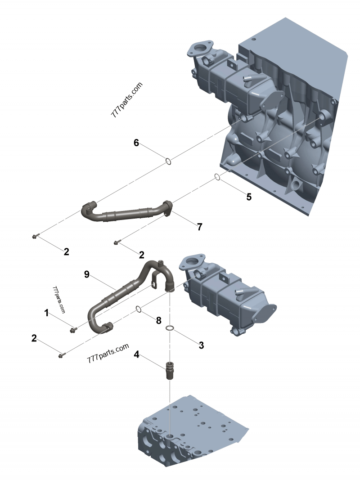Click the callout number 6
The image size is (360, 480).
pyautogui.click(x=136, y=143)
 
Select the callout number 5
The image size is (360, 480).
pyautogui.click(x=249, y=197)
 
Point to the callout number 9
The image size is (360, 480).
pyautogui.click(x=87, y=274)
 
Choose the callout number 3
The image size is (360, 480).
pyautogui.click(x=201, y=345)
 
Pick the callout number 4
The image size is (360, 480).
pyautogui.click(x=136, y=355)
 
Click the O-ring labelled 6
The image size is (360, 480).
pyautogui.click(x=167, y=161)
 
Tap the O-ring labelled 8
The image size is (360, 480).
pyautogui.click(x=139, y=309)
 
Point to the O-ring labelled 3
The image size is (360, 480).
pyautogui.click(x=170, y=328)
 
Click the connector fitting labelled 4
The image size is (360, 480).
pyautogui.click(x=170, y=369)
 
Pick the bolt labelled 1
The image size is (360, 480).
pyautogui.click(x=72, y=331)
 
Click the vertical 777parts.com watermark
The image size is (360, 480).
pyautogui.click(x=59, y=300)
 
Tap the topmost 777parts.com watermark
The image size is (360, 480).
pyautogui.click(x=126, y=99)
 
